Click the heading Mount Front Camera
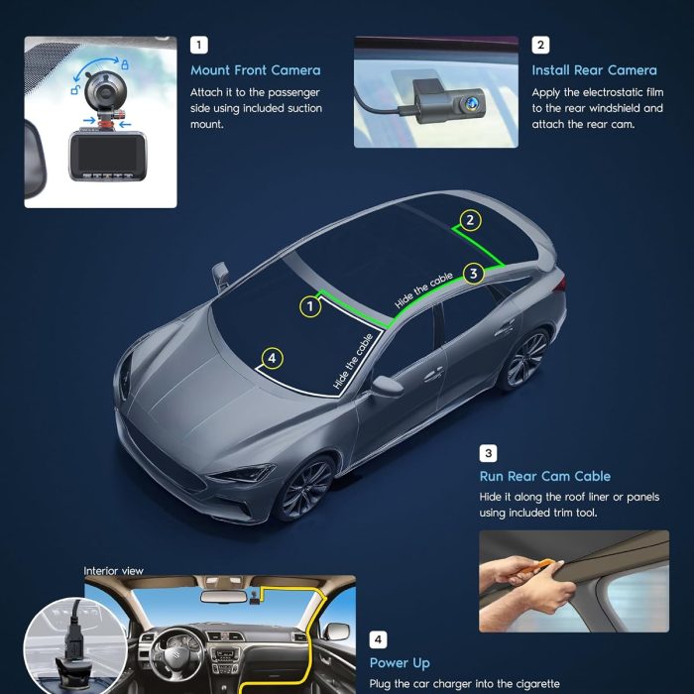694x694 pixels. [x=256, y=70]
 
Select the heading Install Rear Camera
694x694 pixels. [x=595, y=70]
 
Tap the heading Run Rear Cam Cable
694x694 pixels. [x=545, y=476]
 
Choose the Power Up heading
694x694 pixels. [x=400, y=663]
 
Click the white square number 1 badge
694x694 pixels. [x=198, y=45]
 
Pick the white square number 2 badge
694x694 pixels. [x=540, y=45]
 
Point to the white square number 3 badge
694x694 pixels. [x=488, y=453]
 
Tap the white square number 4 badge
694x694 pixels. [x=378, y=639]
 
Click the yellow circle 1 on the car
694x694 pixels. [x=310, y=306]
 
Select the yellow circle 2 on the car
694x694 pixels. [x=471, y=220]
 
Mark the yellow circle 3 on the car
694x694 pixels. [x=474, y=274]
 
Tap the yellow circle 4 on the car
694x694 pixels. [x=273, y=358]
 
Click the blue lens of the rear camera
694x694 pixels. [x=469, y=103]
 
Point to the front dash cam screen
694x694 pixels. [x=107, y=153]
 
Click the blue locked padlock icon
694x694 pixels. [x=125, y=64]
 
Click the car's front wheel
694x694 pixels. [x=305, y=488]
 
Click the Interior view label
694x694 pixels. [x=113, y=571]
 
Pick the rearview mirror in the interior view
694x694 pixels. [x=223, y=596]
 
